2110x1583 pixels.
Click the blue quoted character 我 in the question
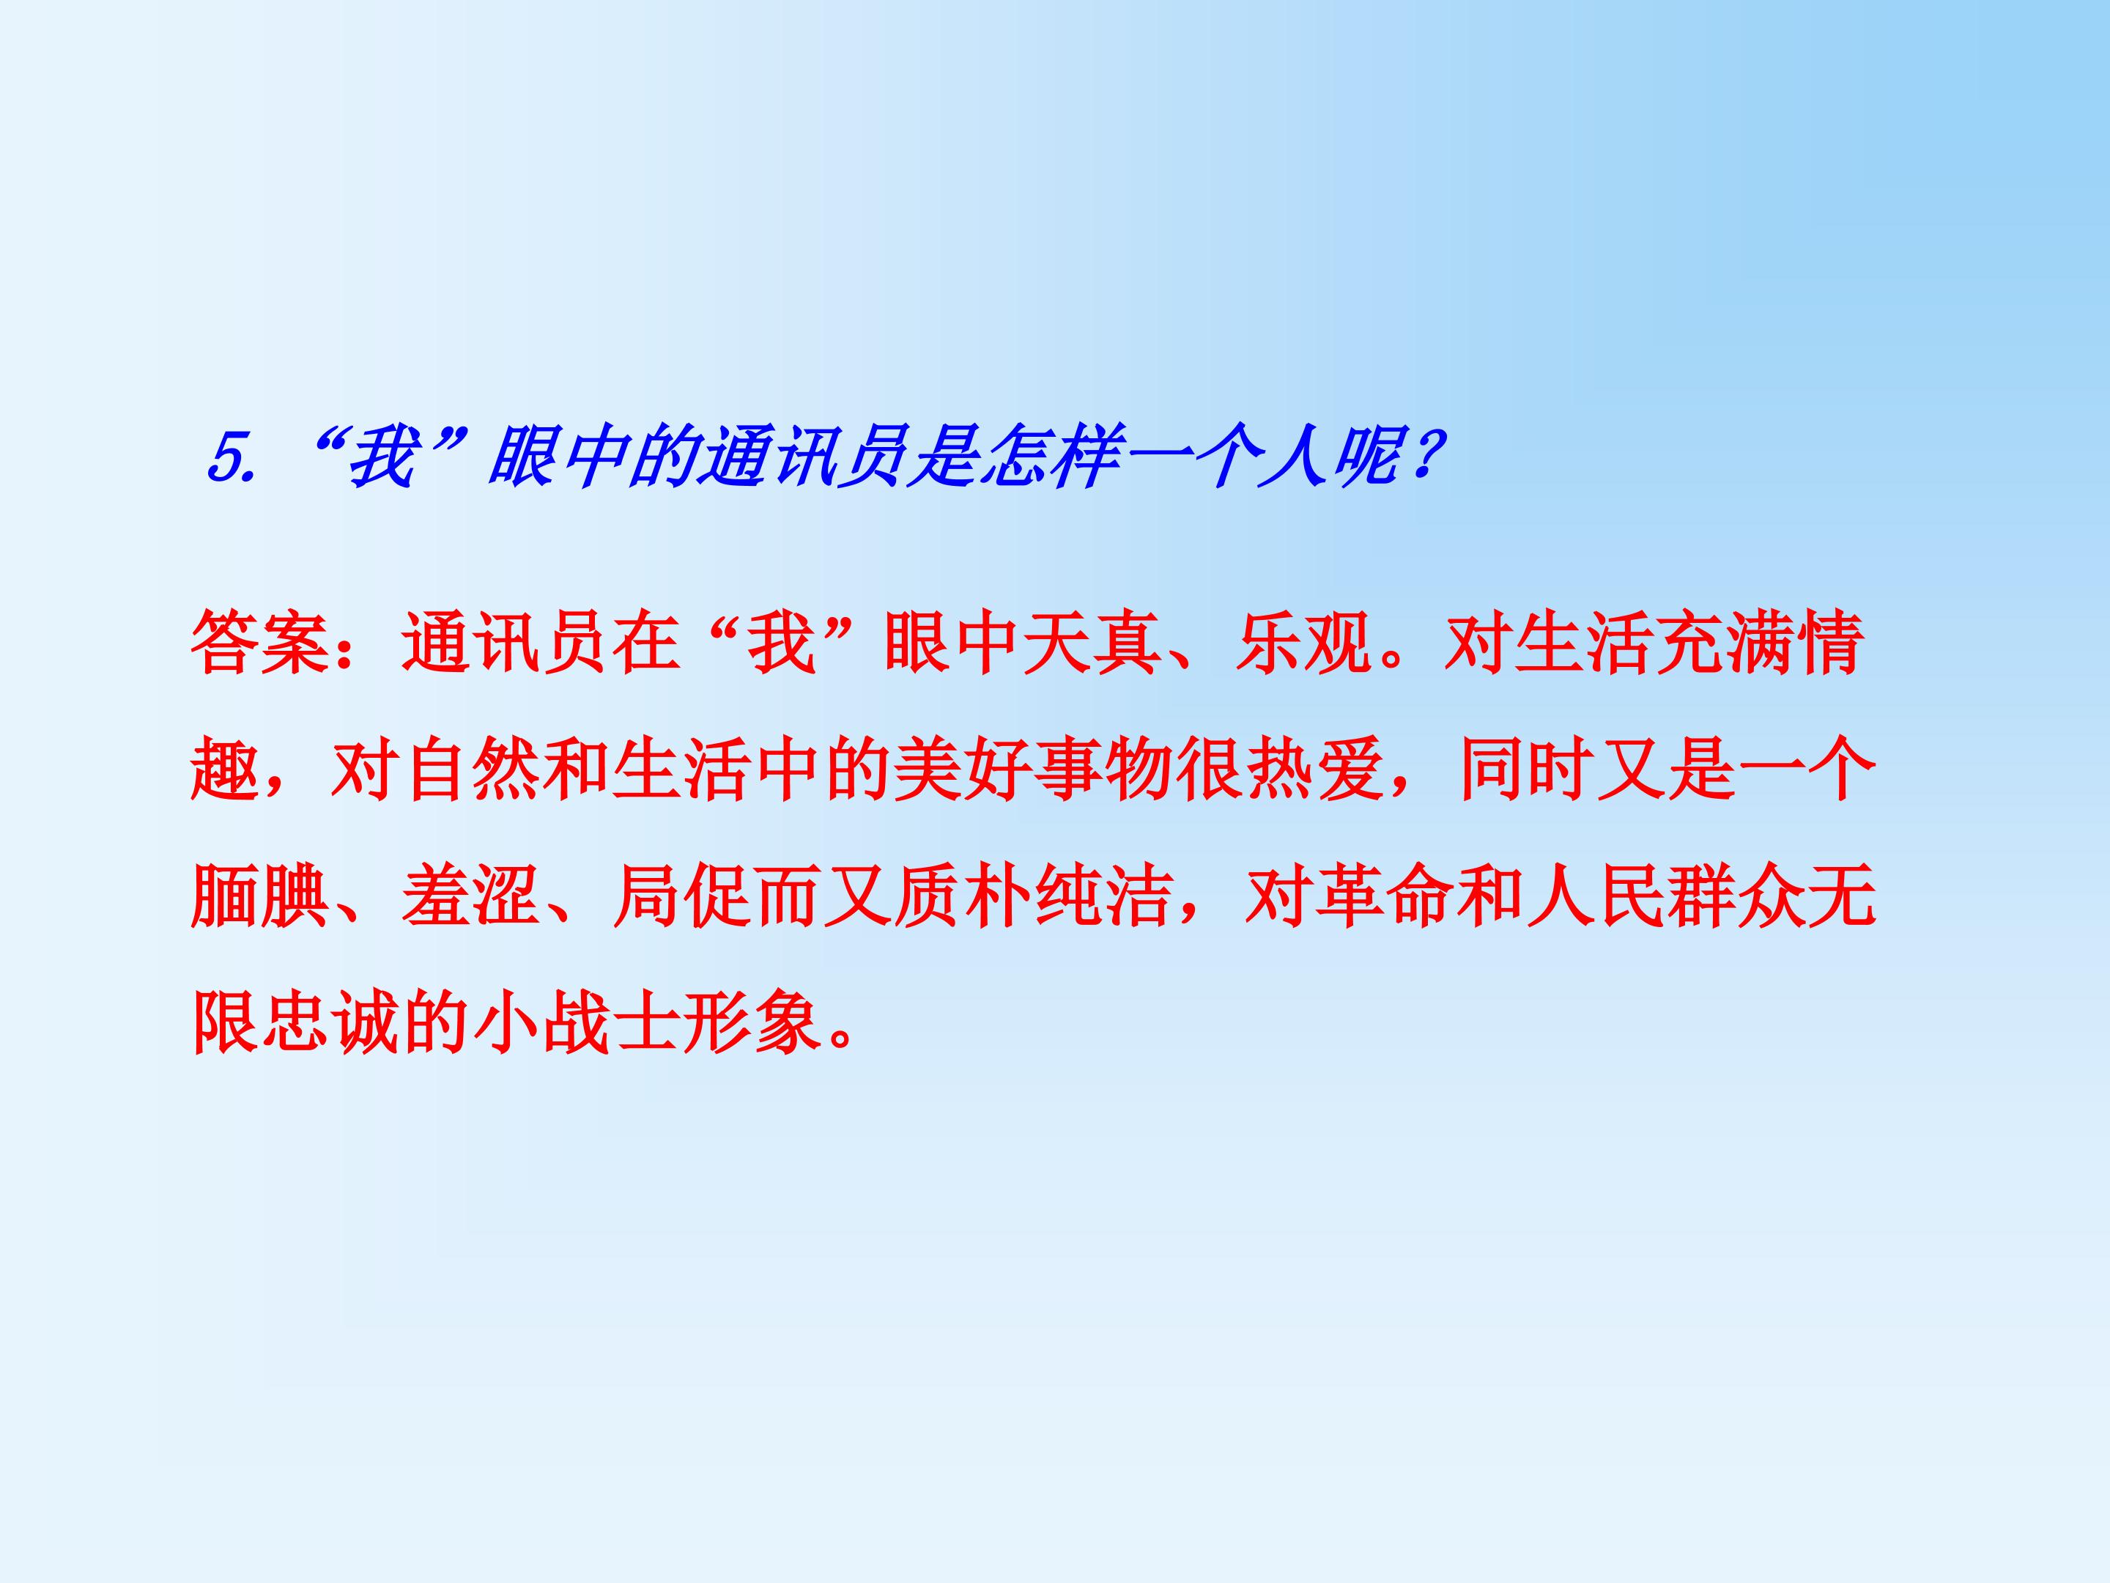tap(382, 458)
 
